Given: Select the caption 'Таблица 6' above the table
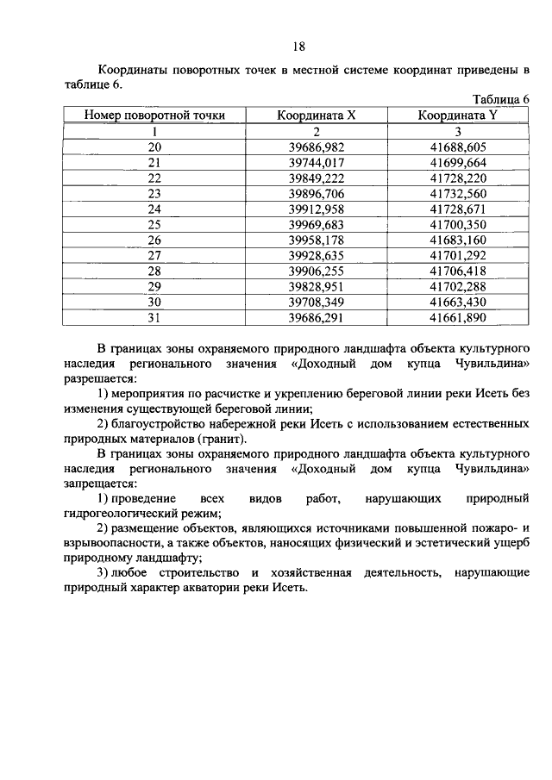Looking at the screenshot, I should pyautogui.click(x=503, y=99).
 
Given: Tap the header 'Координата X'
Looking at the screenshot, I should pyautogui.click(x=316, y=115).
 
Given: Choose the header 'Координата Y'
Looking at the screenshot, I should pyautogui.click(x=458, y=115).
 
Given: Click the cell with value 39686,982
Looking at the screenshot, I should pyautogui.click(x=316, y=147).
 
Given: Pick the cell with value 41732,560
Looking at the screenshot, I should pyautogui.click(x=458, y=194).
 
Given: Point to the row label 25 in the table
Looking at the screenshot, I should pyautogui.click(x=154, y=225).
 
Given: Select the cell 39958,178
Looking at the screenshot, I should pyautogui.click(x=316, y=240).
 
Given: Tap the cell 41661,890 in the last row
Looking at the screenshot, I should pyautogui.click(x=458, y=318).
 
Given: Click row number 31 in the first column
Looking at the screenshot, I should pyautogui.click(x=154, y=318).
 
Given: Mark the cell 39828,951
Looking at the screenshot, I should pyautogui.click(x=316, y=287).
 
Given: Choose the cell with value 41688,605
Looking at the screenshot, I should pyautogui.click(x=458, y=147).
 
